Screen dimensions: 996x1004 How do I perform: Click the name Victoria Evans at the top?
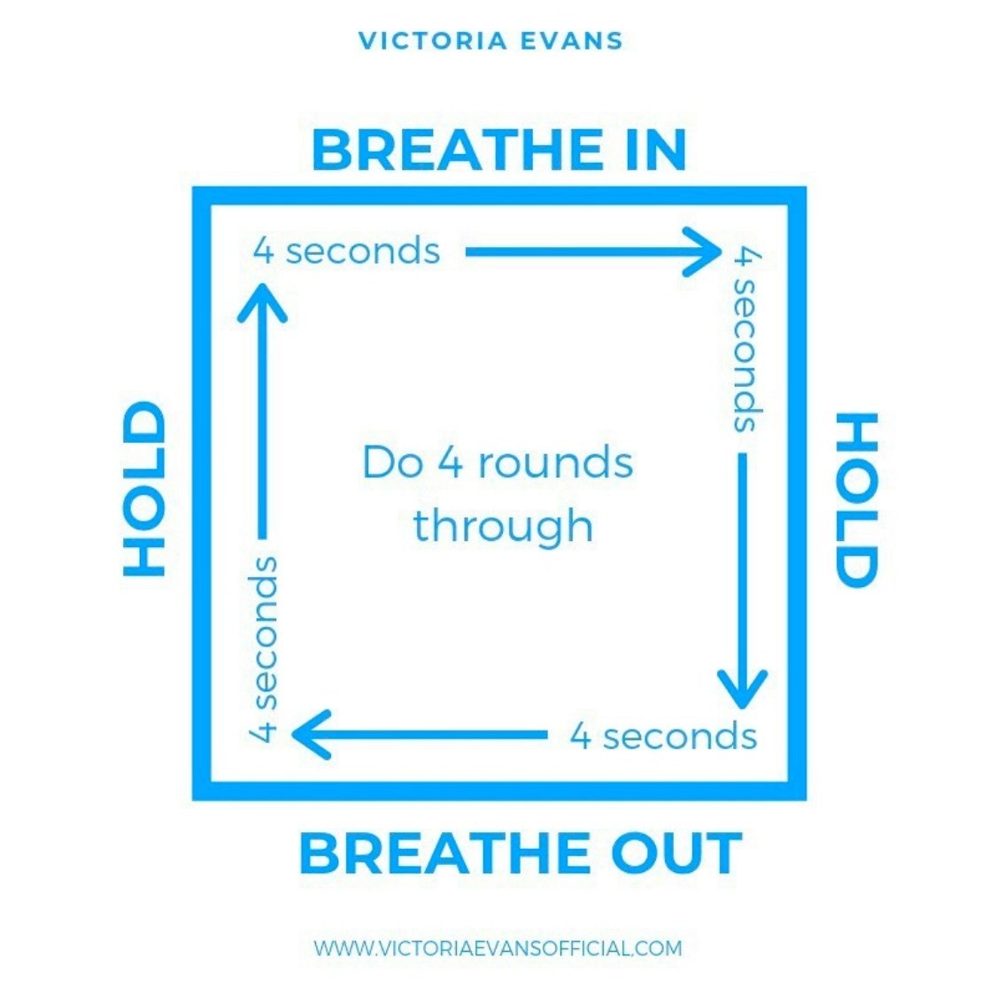pos(490,41)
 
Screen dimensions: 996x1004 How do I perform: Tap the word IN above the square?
pos(653,150)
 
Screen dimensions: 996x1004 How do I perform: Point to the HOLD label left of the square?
pos(144,489)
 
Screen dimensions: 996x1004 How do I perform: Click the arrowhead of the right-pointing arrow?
pos(705,251)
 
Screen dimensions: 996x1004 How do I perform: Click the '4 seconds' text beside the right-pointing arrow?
pos(346,251)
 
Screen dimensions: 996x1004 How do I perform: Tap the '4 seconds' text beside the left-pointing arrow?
pos(663,736)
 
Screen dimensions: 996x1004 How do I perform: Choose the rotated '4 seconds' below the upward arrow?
pos(264,647)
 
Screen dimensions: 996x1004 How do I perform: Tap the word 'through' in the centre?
pos(503,525)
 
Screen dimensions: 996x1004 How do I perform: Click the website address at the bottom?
pos(498,948)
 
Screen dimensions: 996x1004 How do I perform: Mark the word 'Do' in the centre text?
pos(393,463)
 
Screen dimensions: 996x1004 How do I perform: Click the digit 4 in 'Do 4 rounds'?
pos(451,463)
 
